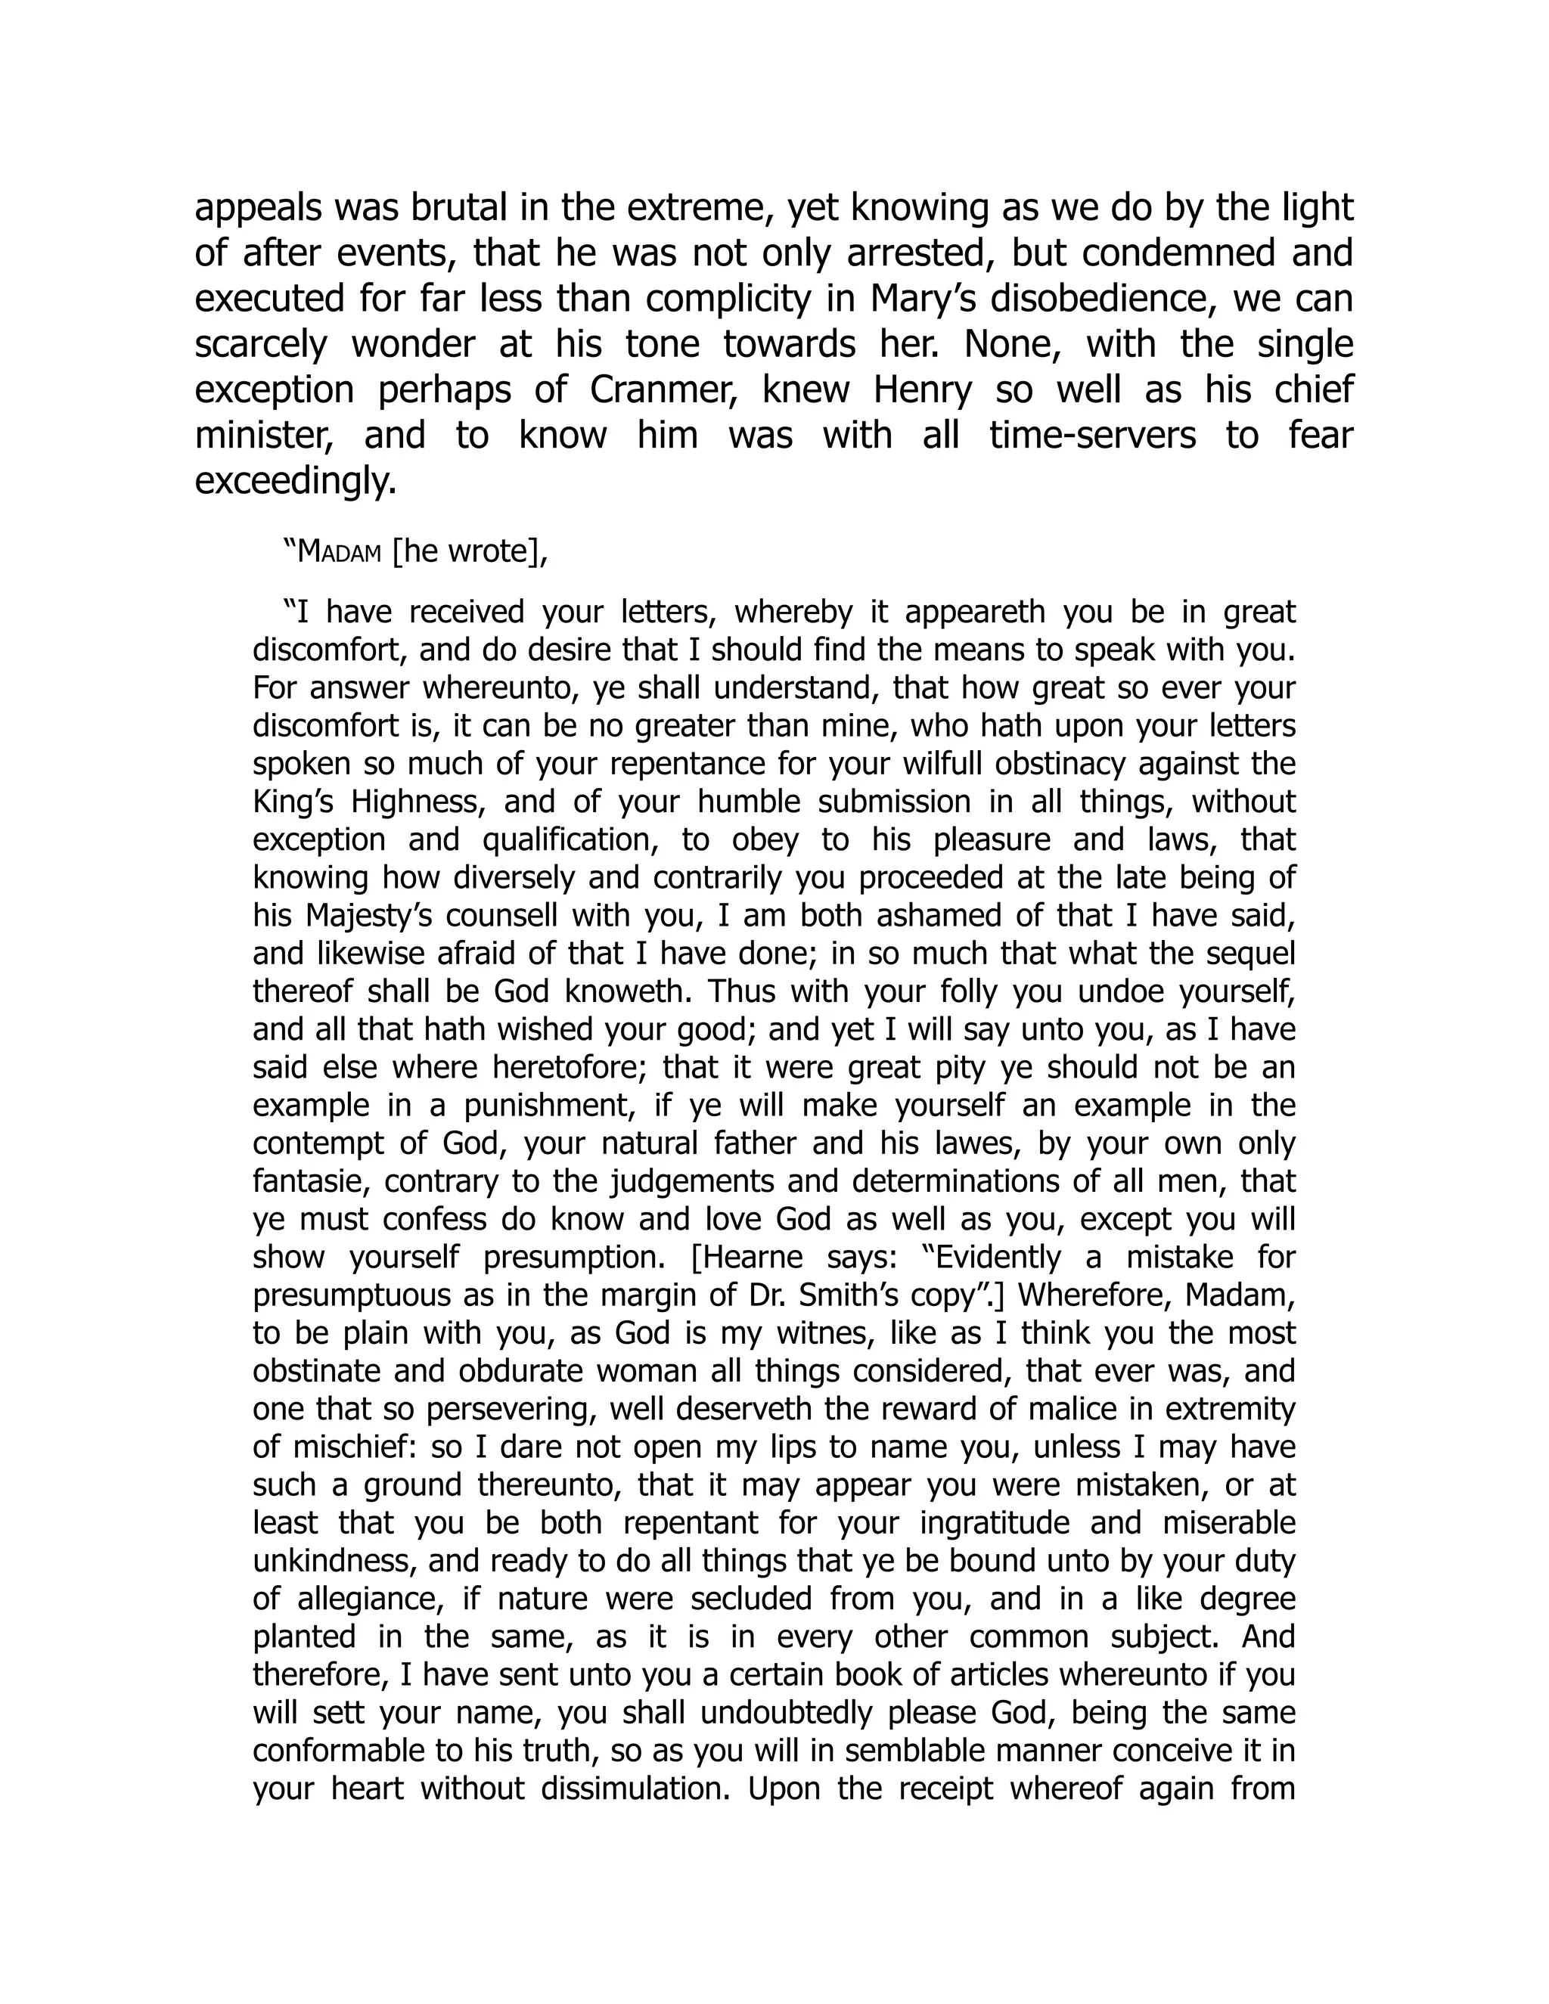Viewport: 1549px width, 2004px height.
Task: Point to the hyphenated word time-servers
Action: coord(1092,436)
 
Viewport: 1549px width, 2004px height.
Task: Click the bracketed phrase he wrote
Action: coord(469,554)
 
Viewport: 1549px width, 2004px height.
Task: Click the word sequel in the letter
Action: coord(1247,954)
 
